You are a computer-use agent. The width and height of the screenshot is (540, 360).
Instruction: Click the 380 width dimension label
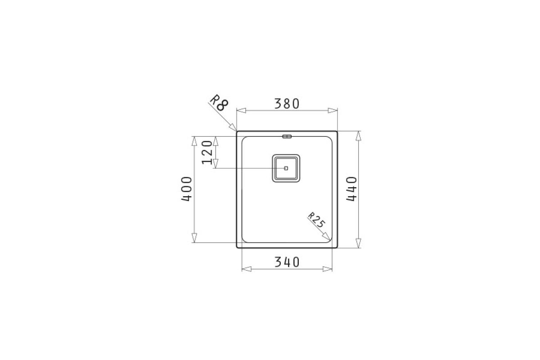[287, 103]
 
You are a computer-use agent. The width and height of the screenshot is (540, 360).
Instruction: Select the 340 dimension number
[287, 262]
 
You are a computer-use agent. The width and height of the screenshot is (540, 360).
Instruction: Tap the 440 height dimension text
[351, 189]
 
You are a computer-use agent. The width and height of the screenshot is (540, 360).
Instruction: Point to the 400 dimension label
[187, 189]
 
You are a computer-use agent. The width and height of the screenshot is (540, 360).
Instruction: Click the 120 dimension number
[207, 153]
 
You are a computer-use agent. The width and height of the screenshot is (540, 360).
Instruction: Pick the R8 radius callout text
[219, 102]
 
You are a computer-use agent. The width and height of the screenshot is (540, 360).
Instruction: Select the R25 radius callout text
[317, 220]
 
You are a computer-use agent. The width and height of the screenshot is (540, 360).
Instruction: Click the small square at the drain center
[286, 168]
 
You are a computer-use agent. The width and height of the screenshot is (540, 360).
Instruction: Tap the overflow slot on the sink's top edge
[287, 136]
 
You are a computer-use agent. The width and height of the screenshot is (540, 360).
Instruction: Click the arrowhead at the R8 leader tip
[233, 127]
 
